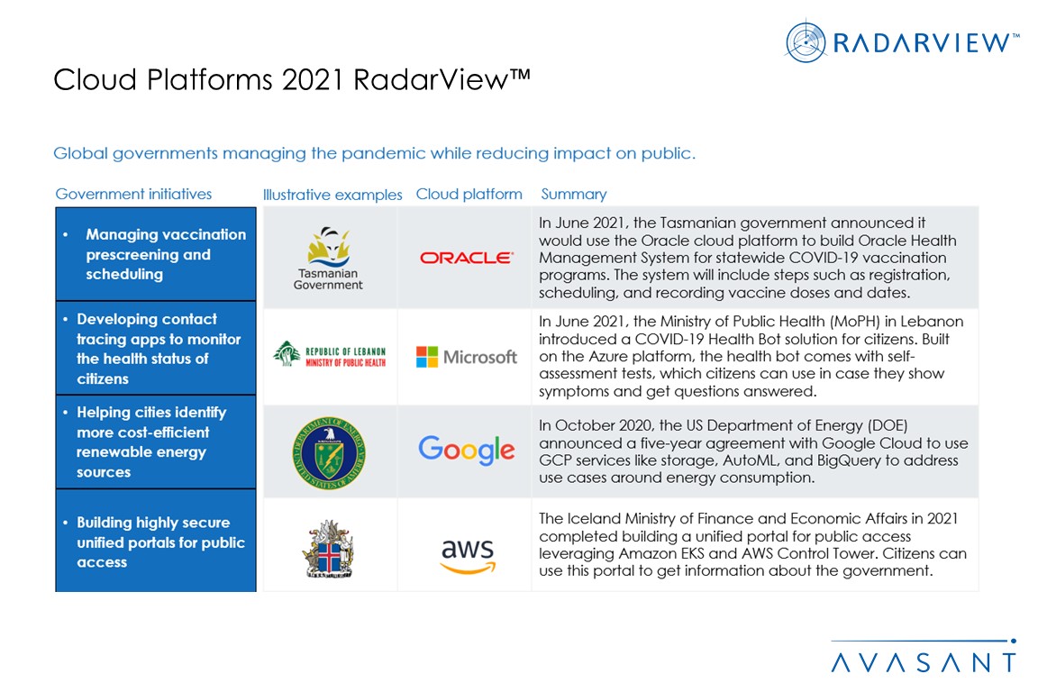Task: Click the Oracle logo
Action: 466,258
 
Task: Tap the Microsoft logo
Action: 466,357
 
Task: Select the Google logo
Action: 466,450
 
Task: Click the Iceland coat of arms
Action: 328,548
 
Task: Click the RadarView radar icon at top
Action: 806,42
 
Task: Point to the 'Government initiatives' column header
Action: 133,194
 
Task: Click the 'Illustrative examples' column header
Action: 332,195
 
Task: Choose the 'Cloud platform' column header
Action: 469,194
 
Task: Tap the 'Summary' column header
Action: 574,194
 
